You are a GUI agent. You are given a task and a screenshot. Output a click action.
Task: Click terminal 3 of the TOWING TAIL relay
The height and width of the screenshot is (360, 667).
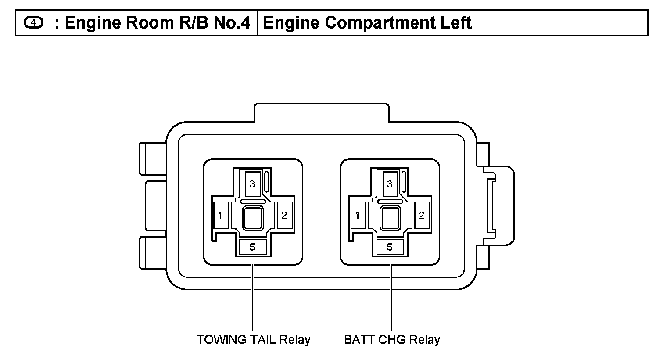point(252,184)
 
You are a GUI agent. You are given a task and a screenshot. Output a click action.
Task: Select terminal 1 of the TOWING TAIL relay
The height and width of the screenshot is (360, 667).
point(220,215)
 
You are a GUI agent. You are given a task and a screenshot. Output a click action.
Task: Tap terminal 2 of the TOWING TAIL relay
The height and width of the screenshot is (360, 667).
point(284,215)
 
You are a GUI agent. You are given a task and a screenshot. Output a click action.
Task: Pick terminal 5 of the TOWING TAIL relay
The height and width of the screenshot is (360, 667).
point(252,247)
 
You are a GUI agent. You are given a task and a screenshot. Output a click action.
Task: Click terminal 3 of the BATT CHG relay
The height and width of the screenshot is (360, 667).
point(389,184)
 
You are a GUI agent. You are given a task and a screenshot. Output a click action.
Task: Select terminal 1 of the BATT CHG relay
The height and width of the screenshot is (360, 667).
point(358,215)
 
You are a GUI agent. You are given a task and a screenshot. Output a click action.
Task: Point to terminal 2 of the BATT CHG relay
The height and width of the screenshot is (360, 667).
point(422,215)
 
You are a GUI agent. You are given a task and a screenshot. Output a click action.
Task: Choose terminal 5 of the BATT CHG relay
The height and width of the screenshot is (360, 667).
point(389,247)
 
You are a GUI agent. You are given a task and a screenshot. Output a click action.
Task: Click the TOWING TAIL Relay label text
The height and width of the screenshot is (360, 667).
point(253,340)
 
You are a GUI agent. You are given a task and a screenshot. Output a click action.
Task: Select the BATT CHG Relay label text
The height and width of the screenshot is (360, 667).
point(392,340)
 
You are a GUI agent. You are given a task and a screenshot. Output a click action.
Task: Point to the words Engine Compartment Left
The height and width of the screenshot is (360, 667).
point(367,22)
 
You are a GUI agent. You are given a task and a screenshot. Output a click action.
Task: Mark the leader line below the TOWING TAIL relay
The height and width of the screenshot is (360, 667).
point(253,299)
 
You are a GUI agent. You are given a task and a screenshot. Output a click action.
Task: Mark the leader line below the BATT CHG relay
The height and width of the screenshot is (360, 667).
point(391,299)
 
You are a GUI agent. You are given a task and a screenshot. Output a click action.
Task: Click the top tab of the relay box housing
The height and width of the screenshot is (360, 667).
point(321,112)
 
